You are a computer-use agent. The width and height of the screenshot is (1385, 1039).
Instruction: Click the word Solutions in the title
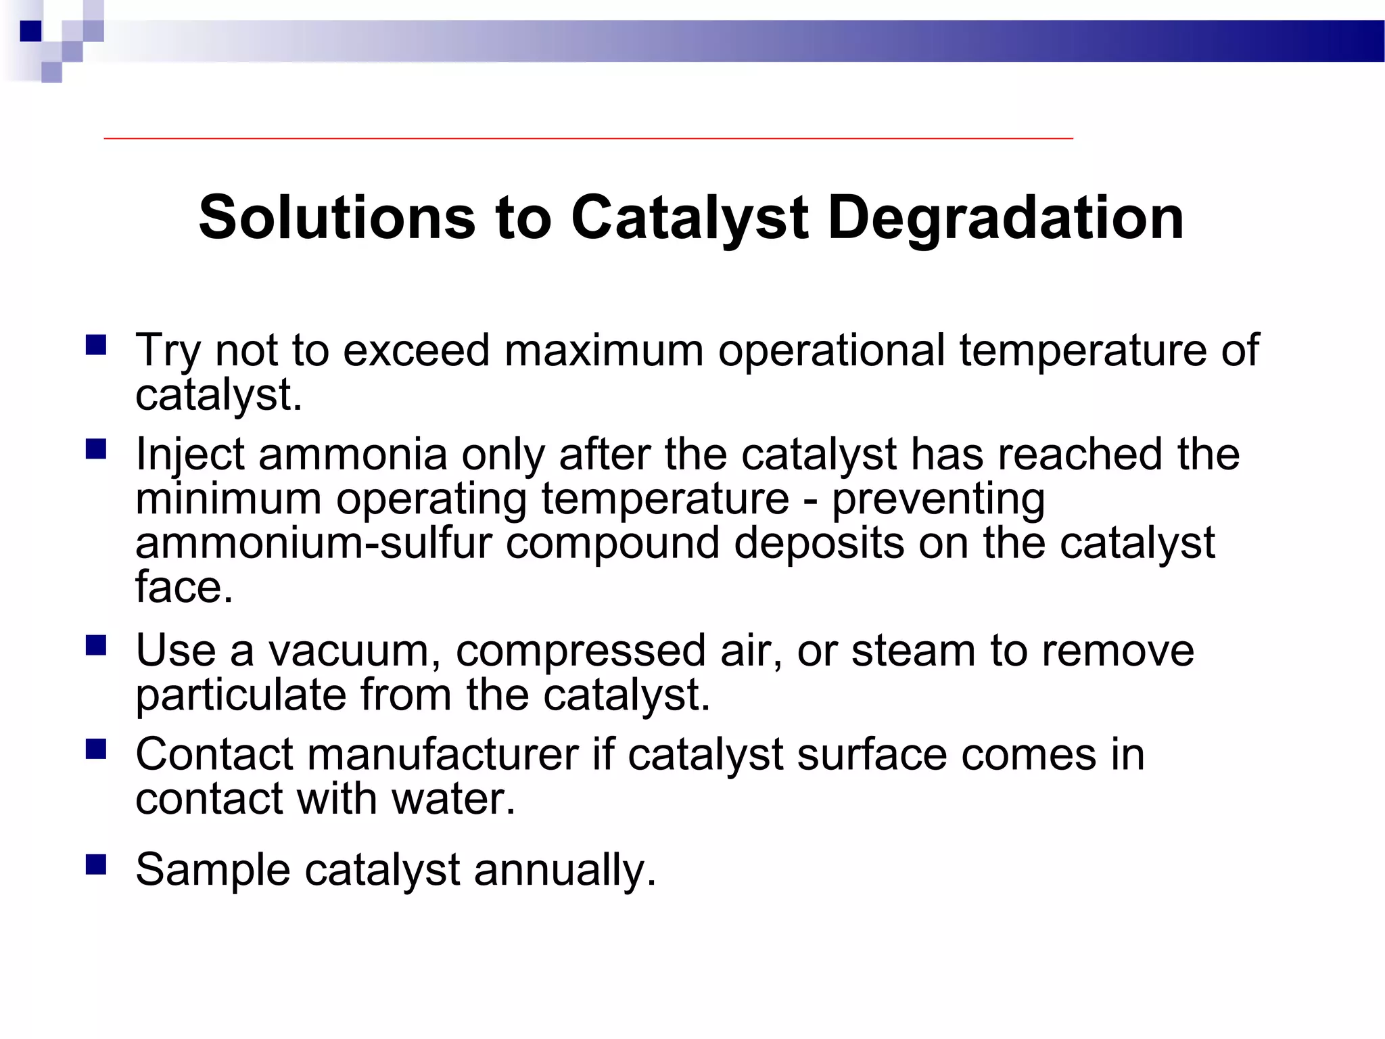337,218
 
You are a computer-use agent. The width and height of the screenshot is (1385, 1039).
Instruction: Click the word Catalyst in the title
689,218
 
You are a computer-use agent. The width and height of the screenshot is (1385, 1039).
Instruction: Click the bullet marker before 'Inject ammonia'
96,448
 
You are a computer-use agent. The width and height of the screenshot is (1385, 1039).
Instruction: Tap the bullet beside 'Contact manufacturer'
96,749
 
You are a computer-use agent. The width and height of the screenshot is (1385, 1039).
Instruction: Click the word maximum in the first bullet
604,350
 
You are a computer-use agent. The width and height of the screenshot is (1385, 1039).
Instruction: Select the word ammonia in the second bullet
352,454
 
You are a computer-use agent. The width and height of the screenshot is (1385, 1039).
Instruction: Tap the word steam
913,651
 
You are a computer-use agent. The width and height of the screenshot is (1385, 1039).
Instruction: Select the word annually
565,870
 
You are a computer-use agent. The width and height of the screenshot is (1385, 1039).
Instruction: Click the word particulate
240,695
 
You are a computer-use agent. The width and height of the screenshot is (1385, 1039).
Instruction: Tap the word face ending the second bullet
183,587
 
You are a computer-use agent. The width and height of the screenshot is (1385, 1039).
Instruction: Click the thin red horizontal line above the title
588,138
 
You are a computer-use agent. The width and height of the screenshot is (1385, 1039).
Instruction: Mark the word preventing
938,499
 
